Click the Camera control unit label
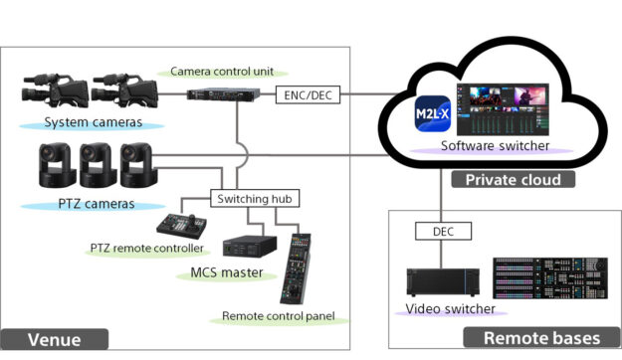[x=222, y=72]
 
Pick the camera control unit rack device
[x=230, y=94]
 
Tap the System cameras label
[x=93, y=123]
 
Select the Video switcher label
[x=451, y=309]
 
